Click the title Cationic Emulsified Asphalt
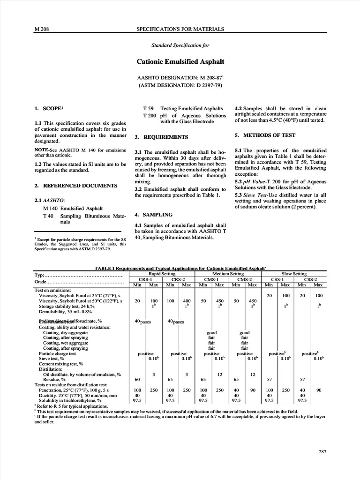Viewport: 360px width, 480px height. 180,61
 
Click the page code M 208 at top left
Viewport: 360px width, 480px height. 42,29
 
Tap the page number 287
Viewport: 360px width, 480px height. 322,451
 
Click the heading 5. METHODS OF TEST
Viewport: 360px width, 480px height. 265,135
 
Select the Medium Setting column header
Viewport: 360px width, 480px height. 228,273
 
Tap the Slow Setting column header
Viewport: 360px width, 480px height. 293,273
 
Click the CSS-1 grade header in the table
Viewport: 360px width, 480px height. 277,279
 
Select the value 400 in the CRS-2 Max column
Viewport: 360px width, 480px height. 186,301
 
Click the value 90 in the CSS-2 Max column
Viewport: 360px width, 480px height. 318,390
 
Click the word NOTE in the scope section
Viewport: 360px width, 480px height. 42,150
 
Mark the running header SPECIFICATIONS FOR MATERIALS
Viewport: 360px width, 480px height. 180,29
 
